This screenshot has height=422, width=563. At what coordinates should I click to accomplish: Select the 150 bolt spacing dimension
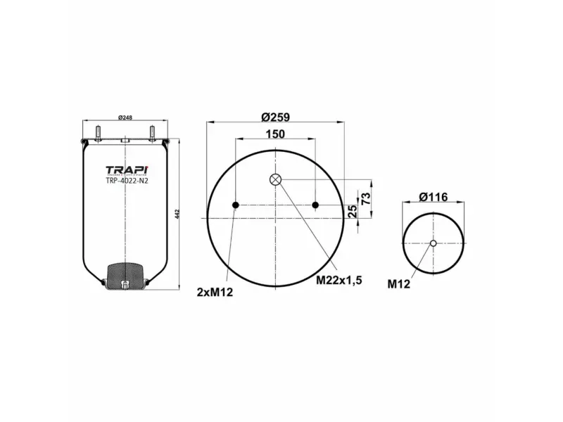click(275, 134)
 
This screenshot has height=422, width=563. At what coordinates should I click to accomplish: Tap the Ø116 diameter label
click(433, 197)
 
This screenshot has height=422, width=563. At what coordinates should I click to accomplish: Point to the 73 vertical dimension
click(366, 198)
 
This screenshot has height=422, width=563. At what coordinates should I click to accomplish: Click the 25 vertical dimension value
click(353, 211)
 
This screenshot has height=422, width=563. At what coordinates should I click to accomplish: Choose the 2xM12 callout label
click(215, 291)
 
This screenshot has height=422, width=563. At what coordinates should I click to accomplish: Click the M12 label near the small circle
click(398, 284)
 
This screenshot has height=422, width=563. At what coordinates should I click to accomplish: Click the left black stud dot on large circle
click(236, 205)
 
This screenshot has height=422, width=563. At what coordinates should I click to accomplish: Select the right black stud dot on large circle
click(315, 205)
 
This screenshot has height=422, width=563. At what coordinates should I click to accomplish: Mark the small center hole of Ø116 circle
click(433, 244)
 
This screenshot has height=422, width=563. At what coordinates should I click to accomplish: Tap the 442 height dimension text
click(177, 213)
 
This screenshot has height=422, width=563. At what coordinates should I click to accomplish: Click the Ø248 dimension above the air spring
click(125, 117)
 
